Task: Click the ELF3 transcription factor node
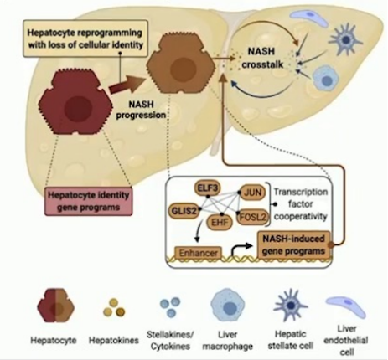(207, 188)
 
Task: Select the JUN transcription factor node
(252, 193)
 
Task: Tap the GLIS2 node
(184, 211)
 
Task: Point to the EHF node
(220, 222)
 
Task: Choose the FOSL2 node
(252, 217)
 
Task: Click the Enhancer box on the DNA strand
(198, 253)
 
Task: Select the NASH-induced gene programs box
(293, 244)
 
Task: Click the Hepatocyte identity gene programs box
(88, 201)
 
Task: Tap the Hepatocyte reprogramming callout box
(85, 39)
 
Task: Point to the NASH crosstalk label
(262, 58)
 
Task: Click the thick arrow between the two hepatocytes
(128, 84)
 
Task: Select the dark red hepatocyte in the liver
(75, 104)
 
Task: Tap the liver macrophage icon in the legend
(228, 306)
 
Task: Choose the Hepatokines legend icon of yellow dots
(114, 307)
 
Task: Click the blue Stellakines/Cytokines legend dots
(170, 307)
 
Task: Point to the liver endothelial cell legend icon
(346, 306)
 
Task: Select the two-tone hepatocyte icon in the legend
(56, 305)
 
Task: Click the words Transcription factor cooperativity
(300, 204)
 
